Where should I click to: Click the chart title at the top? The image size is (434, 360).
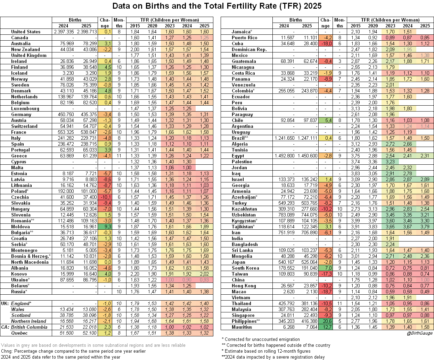coord(217,6)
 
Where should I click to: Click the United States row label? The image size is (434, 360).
coord(26,32)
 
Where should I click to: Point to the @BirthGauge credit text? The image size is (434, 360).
coord(419,333)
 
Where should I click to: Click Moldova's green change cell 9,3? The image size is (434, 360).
coord(105,227)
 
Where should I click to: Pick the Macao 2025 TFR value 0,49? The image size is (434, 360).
coord(425,292)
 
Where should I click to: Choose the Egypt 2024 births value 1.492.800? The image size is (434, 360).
coord(284,156)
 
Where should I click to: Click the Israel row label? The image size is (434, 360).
coord(238,179)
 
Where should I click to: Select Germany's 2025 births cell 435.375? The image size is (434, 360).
coord(87,114)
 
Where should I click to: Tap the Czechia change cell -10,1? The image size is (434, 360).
coord(105,197)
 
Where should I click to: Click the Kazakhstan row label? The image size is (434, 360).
coord(245,209)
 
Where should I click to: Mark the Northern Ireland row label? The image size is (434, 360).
coord(29,321)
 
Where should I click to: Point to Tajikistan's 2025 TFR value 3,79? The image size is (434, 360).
coord(425,227)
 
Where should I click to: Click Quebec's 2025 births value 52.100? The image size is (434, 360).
coord(87,333)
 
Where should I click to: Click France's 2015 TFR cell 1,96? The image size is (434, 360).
coord(135,132)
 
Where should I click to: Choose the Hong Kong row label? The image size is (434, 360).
coord(244,286)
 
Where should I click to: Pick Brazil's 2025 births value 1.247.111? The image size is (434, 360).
coord(307,138)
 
